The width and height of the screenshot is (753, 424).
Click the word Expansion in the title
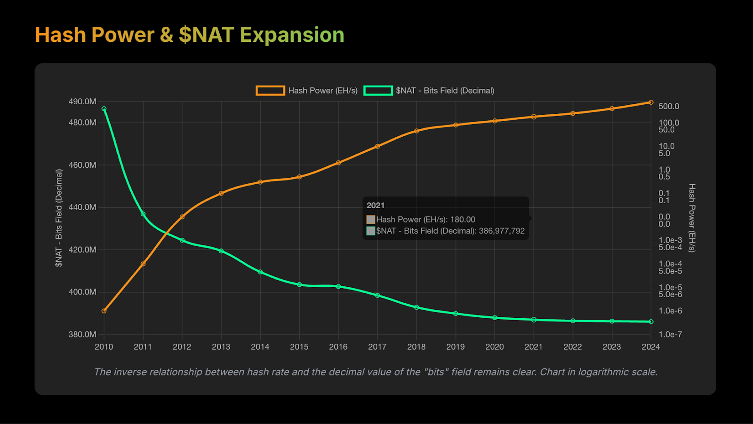tap(292, 35)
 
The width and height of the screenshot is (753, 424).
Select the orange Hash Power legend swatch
tap(270, 91)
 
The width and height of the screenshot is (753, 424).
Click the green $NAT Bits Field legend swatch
tap(378, 91)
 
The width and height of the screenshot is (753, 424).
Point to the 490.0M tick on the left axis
tap(82, 102)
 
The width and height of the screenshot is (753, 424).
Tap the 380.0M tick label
tap(82, 335)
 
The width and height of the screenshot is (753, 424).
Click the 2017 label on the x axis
tap(377, 347)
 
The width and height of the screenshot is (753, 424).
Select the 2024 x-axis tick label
tap(651, 347)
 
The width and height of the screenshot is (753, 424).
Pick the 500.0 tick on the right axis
tap(669, 107)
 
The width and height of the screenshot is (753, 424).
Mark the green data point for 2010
tap(104, 109)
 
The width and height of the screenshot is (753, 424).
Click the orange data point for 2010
tap(104, 311)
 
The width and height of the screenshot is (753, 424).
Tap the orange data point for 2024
tap(651, 102)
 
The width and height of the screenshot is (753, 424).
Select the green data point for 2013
tap(221, 251)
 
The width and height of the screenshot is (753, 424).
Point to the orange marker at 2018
tap(417, 131)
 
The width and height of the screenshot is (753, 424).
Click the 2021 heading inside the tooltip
tap(376, 205)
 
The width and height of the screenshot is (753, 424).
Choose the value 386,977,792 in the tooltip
tap(502, 231)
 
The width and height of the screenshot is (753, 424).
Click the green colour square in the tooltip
tap(371, 231)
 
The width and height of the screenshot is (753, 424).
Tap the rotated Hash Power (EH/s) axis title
tap(692, 218)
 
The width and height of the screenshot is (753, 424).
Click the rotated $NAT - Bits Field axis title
tap(59, 218)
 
